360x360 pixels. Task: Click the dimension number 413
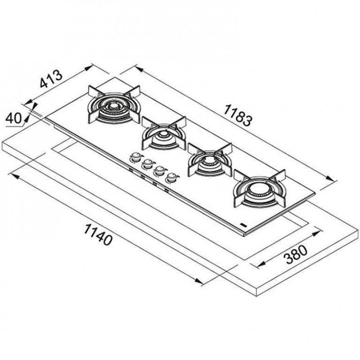(x=51, y=79)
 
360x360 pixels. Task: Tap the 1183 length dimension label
(x=238, y=115)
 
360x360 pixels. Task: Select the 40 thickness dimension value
(x=13, y=118)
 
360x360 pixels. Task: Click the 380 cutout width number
(x=296, y=255)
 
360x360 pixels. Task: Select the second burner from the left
(x=164, y=133)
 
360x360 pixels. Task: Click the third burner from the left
(x=210, y=160)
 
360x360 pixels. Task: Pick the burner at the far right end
(x=260, y=189)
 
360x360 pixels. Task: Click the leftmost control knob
(x=136, y=157)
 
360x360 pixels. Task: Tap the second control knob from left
(x=148, y=164)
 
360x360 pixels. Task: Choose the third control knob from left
(x=160, y=171)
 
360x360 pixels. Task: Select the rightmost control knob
(x=172, y=177)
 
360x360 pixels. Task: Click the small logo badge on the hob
(x=243, y=225)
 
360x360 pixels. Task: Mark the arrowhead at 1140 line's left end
(x=15, y=176)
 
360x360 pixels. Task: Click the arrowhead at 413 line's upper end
(x=89, y=68)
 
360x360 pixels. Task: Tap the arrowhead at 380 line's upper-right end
(x=316, y=234)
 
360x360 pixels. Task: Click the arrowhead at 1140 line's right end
(x=199, y=281)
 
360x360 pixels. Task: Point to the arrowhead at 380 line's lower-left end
(x=261, y=265)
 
